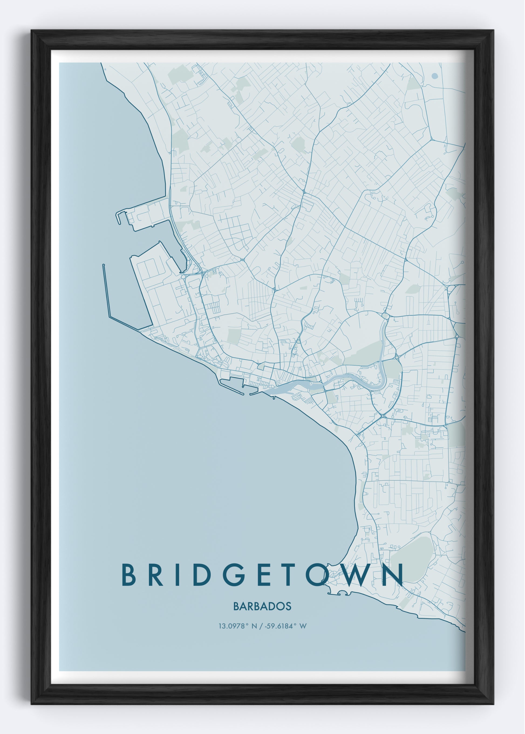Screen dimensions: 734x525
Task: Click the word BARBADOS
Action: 262,606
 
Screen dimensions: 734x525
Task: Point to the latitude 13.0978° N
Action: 238,626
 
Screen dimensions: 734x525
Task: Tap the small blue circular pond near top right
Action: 435,76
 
